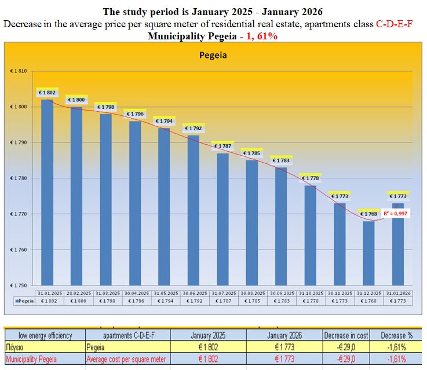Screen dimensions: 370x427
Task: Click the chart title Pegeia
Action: pyautogui.click(x=213, y=56)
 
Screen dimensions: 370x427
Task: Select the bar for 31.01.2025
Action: pyautogui.click(x=47, y=191)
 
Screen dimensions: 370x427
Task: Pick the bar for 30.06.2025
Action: pyautogui.click(x=193, y=208)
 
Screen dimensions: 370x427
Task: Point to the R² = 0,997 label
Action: pyautogui.click(x=396, y=214)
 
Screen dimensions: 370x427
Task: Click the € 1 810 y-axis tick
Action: pyautogui.click(x=19, y=71)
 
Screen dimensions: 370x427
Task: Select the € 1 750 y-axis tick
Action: pyautogui.click(x=19, y=285)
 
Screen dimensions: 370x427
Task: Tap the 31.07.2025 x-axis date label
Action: pyautogui.click(x=222, y=293)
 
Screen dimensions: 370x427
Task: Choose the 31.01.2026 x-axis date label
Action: pyautogui.click(x=398, y=293)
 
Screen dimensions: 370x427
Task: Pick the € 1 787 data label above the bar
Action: pyautogui.click(x=222, y=146)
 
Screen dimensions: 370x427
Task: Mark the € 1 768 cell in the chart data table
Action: pyautogui.click(x=368, y=301)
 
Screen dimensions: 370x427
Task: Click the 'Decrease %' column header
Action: pyautogui.click(x=396, y=335)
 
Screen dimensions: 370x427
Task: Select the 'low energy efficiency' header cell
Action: pyautogui.click(x=45, y=335)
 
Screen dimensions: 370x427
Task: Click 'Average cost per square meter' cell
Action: pyautogui.click(x=126, y=360)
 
